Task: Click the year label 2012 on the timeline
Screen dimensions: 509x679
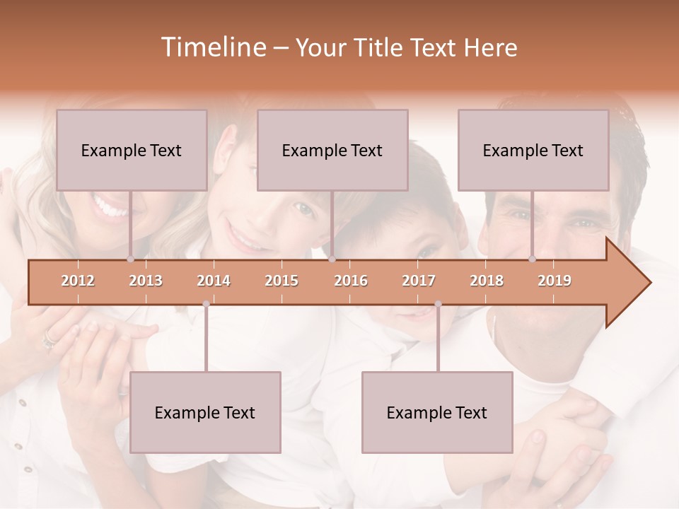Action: [x=78, y=281]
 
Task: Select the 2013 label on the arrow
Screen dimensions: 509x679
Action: [x=146, y=281]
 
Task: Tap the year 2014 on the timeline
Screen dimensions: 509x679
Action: [x=214, y=281]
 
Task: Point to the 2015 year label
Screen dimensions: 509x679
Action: [x=282, y=281]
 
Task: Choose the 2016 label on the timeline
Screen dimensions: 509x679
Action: [x=351, y=281]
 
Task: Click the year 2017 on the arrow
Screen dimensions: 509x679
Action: [x=419, y=281]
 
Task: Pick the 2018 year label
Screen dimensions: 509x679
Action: [x=487, y=281]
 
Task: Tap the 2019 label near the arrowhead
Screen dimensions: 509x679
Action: [x=555, y=281]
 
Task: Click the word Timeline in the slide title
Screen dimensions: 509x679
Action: [x=212, y=47]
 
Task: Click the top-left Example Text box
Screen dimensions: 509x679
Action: [x=132, y=150]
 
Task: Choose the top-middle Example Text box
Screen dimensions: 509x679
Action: [x=332, y=150]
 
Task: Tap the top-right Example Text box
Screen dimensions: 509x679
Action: [x=533, y=150]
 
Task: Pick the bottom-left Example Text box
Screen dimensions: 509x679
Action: [x=205, y=412]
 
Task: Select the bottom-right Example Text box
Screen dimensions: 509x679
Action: [x=437, y=412]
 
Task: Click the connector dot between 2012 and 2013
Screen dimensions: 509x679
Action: [x=130, y=259]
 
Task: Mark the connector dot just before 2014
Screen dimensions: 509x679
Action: [x=206, y=304]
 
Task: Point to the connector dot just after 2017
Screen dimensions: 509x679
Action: [x=438, y=304]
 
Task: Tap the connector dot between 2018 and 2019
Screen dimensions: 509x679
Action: [x=532, y=259]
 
